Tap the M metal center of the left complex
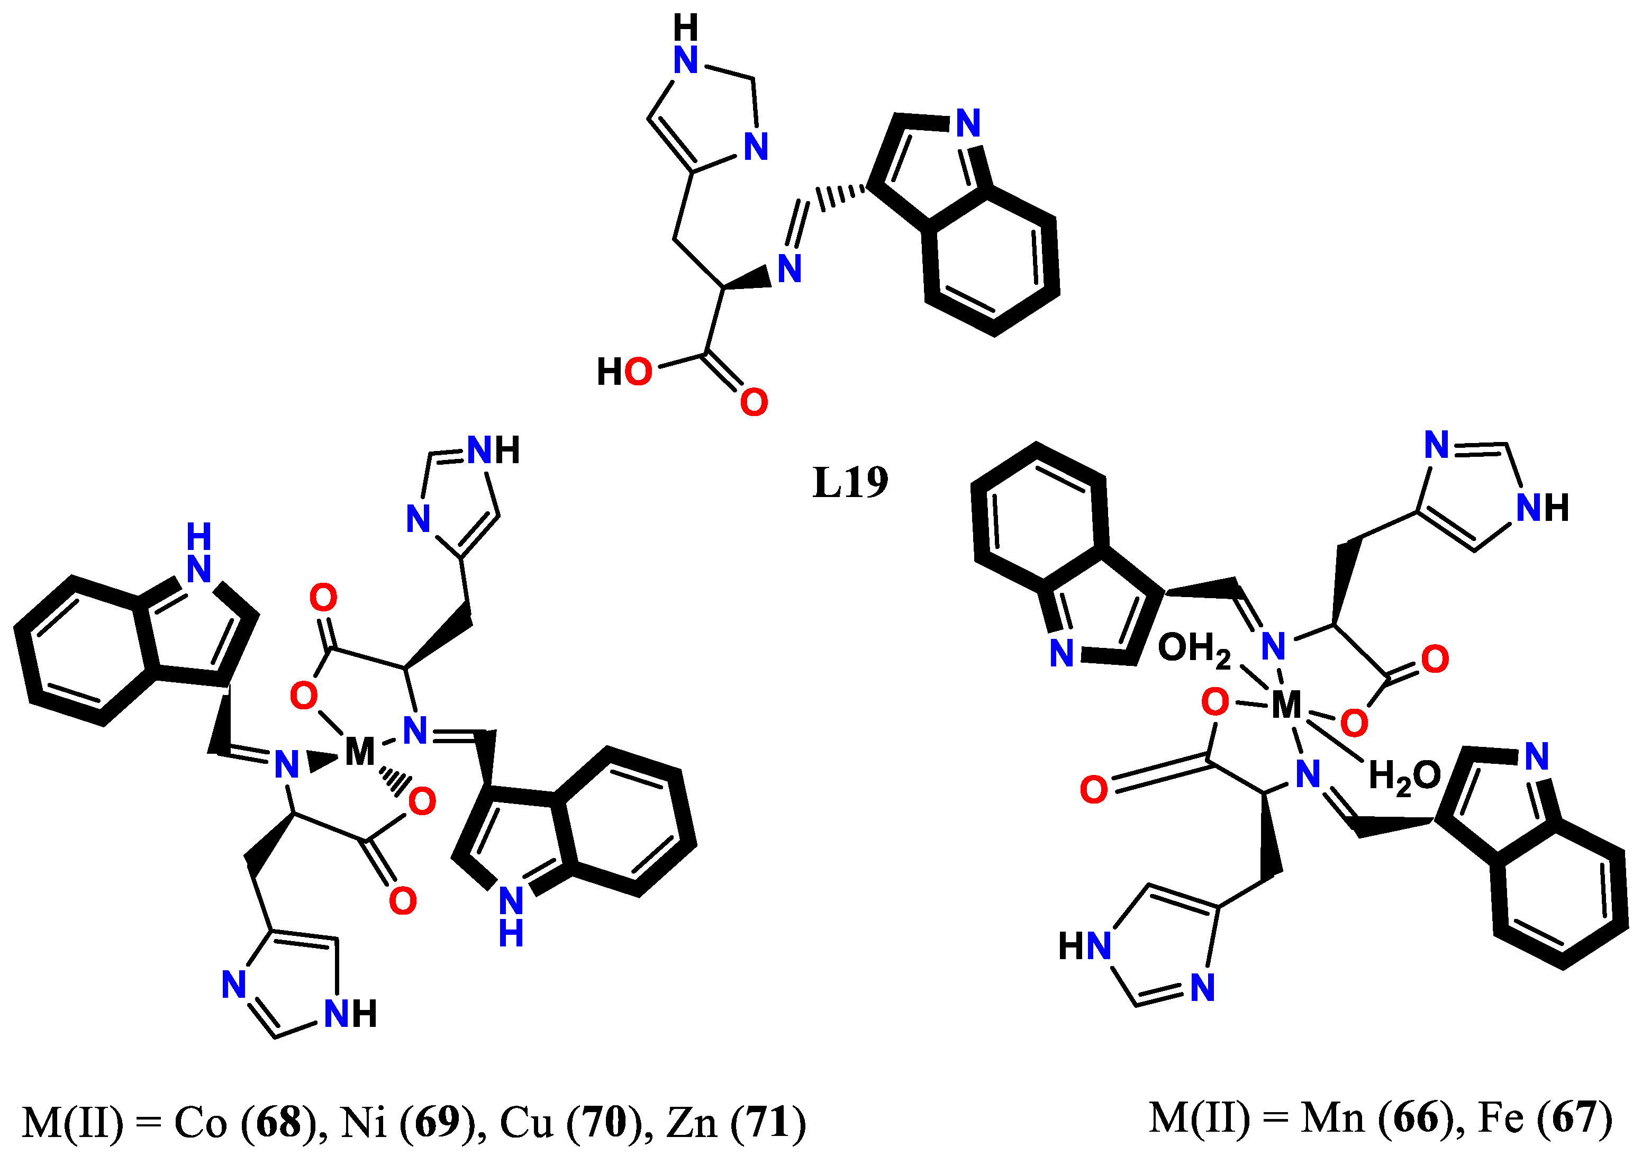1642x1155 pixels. [360, 752]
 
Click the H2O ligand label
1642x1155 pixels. [1404, 776]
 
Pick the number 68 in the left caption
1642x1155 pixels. [278, 1121]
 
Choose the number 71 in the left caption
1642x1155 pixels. [769, 1121]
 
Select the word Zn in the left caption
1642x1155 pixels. [692, 1121]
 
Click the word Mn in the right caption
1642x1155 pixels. [1331, 1117]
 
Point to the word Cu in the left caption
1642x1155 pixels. [527, 1121]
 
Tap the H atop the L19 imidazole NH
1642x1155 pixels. [685, 29]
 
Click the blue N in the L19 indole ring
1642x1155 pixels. [968, 124]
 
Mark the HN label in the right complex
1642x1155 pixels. [1084, 945]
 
